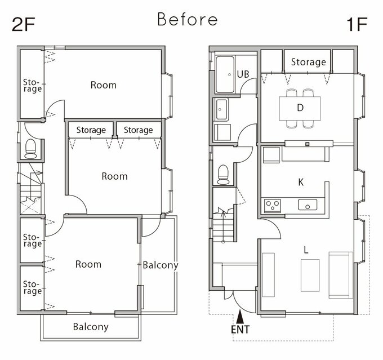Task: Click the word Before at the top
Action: (188, 19)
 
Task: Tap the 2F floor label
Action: (24, 24)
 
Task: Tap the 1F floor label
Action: (357, 24)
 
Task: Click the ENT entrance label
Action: (241, 330)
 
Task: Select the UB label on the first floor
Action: (243, 74)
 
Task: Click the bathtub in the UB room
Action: (225, 74)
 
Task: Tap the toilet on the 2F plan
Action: (30, 149)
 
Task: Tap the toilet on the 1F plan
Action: (223, 175)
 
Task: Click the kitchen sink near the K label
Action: (308, 205)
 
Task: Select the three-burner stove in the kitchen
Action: (273, 206)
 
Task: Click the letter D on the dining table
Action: (300, 108)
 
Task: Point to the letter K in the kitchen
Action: (301, 182)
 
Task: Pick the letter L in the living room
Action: (306, 250)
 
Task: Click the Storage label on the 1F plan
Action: (308, 62)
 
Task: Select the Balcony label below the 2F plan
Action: (91, 327)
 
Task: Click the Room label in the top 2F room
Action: (103, 85)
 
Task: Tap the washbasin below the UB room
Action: (221, 109)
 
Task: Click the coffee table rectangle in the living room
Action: (310, 275)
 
